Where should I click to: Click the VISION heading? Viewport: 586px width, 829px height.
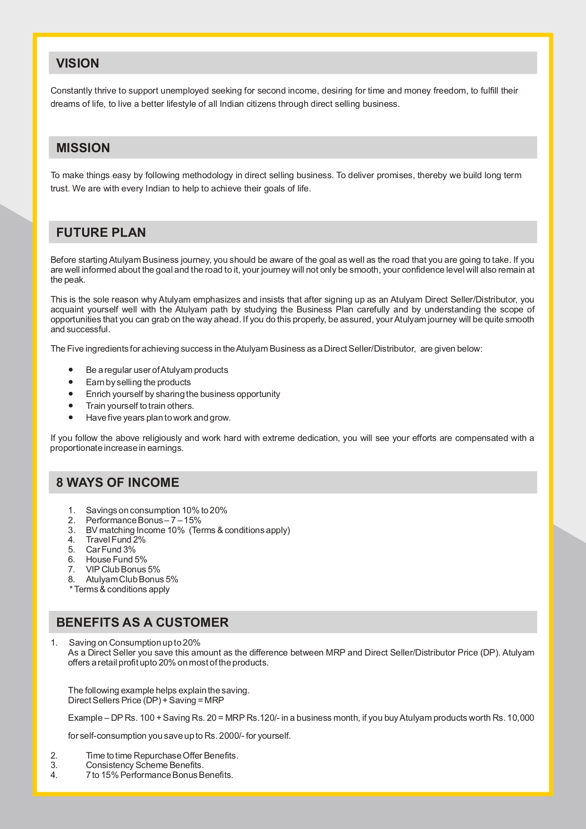click(77, 63)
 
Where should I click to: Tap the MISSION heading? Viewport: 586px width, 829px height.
click(83, 148)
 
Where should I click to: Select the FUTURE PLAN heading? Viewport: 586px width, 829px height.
click(101, 233)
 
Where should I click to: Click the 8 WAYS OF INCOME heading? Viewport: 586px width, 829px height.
click(118, 483)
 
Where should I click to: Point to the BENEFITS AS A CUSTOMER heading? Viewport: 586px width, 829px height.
click(142, 622)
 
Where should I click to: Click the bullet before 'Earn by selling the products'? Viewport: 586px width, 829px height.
click(71, 382)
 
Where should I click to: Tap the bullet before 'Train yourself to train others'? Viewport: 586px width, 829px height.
click(71, 406)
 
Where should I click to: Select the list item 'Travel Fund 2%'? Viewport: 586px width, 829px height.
click(115, 540)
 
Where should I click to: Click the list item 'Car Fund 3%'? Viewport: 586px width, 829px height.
click(110, 550)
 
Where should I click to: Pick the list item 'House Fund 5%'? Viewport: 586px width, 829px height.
click(116, 560)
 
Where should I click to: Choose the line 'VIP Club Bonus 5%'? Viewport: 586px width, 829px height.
click(123, 570)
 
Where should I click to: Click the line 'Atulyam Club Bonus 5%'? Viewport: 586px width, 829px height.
click(132, 579)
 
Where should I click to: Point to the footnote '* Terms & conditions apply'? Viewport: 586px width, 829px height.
click(119, 589)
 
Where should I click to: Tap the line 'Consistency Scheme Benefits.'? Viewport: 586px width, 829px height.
click(144, 765)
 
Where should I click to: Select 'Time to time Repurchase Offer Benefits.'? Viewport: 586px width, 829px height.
click(162, 756)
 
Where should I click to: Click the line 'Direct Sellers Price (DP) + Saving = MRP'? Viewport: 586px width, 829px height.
click(146, 700)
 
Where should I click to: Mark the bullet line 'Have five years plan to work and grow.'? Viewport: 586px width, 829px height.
click(158, 418)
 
